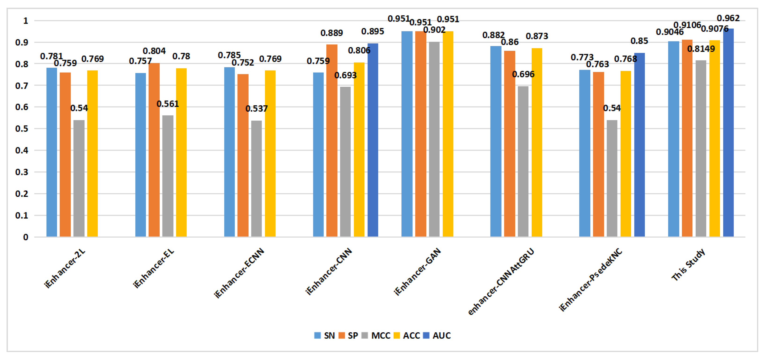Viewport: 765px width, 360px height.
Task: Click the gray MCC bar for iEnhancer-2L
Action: tap(79, 178)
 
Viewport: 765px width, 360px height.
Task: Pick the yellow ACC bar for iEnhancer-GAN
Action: tap(448, 134)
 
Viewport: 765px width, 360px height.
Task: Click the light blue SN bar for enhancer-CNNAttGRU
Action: tap(496, 141)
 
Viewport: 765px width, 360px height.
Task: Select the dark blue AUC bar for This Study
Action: tap(728, 132)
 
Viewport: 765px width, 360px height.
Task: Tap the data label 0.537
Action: tap(256, 109)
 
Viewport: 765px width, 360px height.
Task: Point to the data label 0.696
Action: tap(523, 74)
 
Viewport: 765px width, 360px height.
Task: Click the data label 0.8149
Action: tap(701, 49)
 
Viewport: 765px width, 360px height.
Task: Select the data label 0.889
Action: tap(331, 33)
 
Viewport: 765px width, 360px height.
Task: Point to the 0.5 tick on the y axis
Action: tap(22, 129)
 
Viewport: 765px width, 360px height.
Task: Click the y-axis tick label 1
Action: tap(26, 21)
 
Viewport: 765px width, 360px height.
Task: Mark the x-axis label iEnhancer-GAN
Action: tap(417, 272)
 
